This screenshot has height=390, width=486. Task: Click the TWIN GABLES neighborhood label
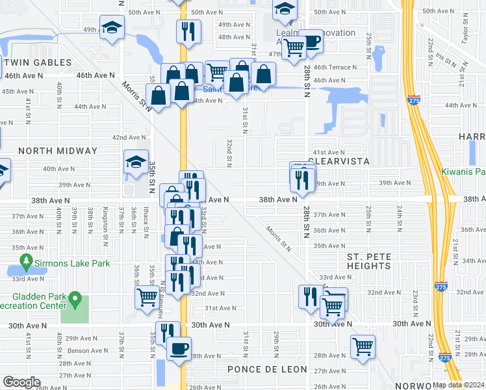tap(36, 62)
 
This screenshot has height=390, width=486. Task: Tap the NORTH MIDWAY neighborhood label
tap(58, 151)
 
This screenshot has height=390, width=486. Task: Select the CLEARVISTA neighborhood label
tap(339, 161)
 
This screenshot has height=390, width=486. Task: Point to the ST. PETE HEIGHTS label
tap(368, 261)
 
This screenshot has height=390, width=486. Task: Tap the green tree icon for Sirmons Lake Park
tap(27, 263)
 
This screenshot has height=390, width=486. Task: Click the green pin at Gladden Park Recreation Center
tap(75, 300)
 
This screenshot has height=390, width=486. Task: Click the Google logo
tap(21, 382)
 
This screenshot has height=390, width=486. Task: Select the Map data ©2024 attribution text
tap(457, 384)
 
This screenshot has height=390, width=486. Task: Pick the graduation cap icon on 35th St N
tap(136, 162)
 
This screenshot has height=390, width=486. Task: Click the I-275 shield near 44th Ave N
tap(415, 99)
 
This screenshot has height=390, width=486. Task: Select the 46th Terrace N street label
tap(335, 68)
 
